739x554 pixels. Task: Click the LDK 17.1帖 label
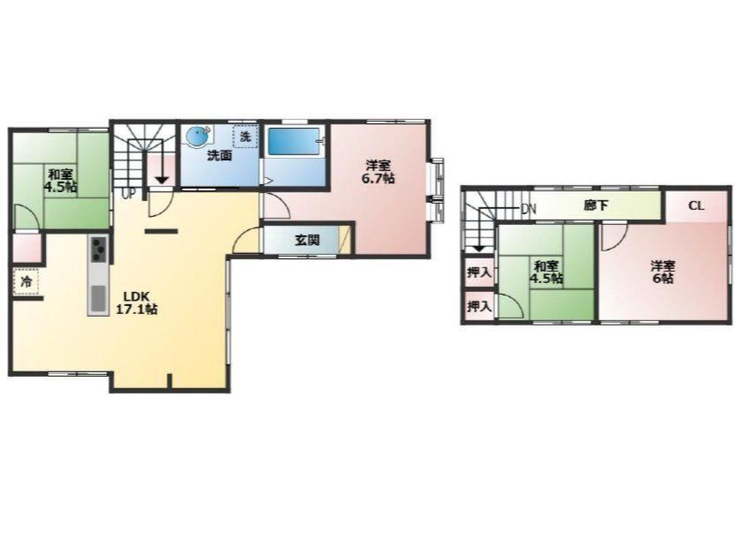click(x=137, y=303)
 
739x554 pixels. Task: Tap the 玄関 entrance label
click(x=307, y=240)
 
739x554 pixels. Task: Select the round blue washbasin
click(x=198, y=137)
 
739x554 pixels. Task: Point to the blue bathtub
click(x=294, y=141)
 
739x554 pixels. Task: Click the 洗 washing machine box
click(x=245, y=137)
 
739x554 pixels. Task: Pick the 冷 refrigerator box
click(x=26, y=281)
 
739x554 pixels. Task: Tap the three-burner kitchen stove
click(x=99, y=248)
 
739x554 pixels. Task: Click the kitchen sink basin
click(x=99, y=297)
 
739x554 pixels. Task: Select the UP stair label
click(x=128, y=193)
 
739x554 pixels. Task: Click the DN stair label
click(x=528, y=209)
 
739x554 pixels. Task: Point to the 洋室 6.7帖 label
click(x=379, y=172)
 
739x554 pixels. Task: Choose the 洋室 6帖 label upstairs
click(x=663, y=272)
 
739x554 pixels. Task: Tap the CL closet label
click(x=696, y=206)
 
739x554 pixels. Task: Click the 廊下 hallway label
click(x=596, y=206)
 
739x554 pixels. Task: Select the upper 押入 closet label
click(x=479, y=272)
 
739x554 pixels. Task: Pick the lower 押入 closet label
click(x=479, y=307)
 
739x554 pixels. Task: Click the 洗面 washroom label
click(x=220, y=155)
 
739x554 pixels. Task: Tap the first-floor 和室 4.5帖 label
click(x=61, y=180)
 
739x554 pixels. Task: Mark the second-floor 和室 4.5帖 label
click(x=547, y=272)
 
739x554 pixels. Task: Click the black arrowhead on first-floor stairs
click(x=162, y=180)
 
